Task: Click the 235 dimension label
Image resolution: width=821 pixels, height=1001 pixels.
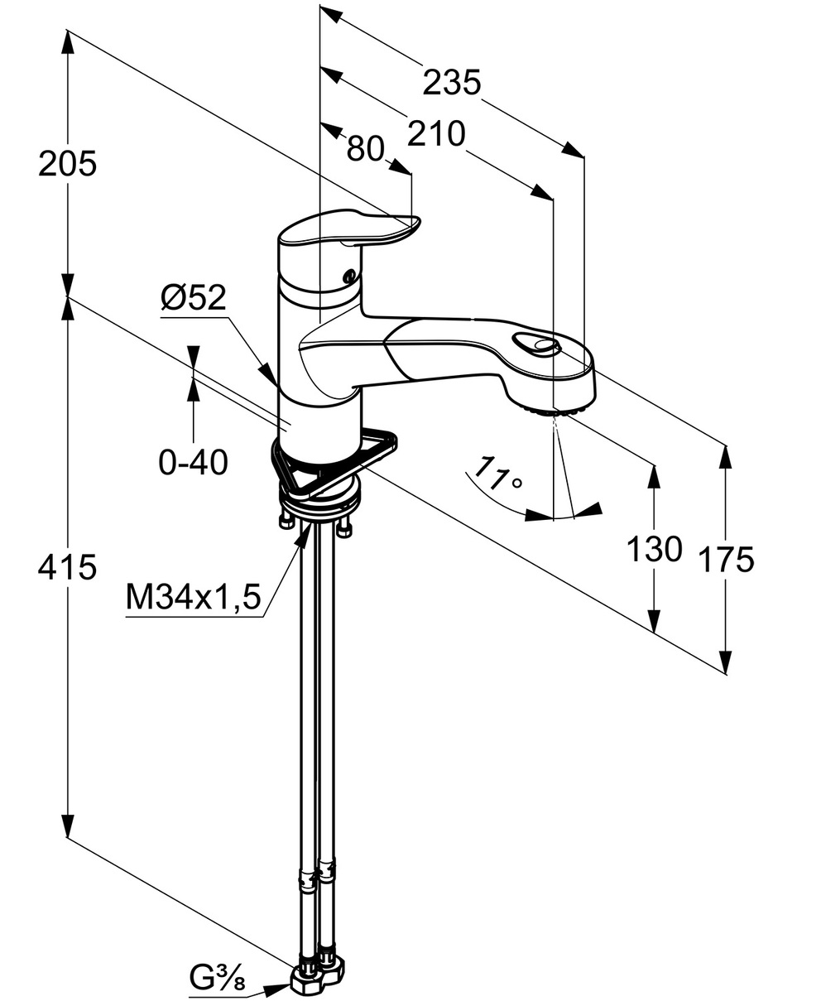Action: [451, 83]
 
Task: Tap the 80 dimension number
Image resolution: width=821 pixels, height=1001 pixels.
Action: [365, 149]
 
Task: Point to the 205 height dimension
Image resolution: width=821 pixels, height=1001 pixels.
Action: [68, 165]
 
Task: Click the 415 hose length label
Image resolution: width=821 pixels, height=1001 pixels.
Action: [68, 567]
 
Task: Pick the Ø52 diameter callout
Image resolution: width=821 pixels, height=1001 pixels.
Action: [193, 299]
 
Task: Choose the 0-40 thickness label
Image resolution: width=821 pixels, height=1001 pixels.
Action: [193, 463]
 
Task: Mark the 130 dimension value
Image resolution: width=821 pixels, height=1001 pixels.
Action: [654, 548]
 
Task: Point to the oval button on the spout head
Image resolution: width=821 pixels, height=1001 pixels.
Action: [535, 344]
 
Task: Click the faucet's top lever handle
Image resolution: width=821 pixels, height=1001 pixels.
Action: [348, 231]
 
